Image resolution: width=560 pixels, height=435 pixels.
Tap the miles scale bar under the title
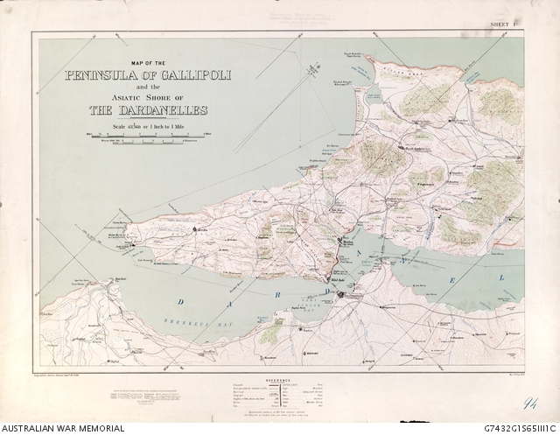(145, 133)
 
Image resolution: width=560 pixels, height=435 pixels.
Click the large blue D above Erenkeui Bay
(181, 302)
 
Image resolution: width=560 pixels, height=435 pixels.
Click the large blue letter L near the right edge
(501, 278)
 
